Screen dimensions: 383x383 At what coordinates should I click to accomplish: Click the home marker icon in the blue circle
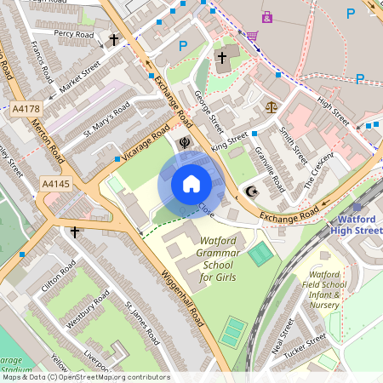[191, 184]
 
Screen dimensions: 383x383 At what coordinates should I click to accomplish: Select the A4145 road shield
[56, 183]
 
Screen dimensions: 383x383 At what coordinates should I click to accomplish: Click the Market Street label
[79, 74]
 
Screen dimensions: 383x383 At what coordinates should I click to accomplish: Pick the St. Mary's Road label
[106, 120]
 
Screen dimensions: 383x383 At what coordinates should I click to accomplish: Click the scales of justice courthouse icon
[272, 108]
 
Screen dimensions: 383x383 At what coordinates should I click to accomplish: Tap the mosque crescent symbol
[250, 193]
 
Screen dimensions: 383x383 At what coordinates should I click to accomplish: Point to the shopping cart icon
[252, 36]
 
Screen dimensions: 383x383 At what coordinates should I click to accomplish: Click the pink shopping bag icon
[267, 16]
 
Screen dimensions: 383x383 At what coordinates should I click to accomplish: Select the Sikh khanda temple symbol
[183, 142]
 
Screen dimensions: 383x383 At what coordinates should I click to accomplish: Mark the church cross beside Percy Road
[114, 40]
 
